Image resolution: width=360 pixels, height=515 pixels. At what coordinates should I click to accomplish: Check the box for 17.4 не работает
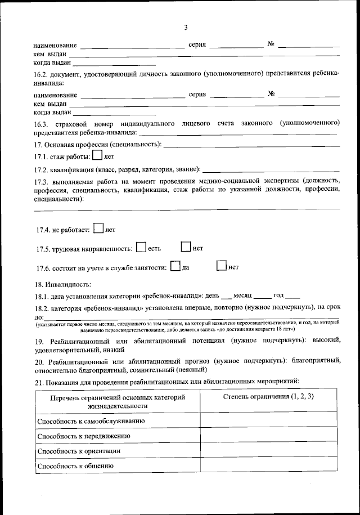point(98,229)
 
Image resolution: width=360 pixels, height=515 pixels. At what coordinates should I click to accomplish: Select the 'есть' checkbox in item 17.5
point(141,247)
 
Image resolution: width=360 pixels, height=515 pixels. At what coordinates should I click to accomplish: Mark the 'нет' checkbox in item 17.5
point(186,247)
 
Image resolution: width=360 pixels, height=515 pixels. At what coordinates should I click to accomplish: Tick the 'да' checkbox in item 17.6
point(175,266)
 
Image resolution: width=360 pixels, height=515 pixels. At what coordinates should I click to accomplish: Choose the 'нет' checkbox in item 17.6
point(221,266)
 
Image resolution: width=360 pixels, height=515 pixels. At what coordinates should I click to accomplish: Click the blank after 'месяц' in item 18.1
point(262,297)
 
